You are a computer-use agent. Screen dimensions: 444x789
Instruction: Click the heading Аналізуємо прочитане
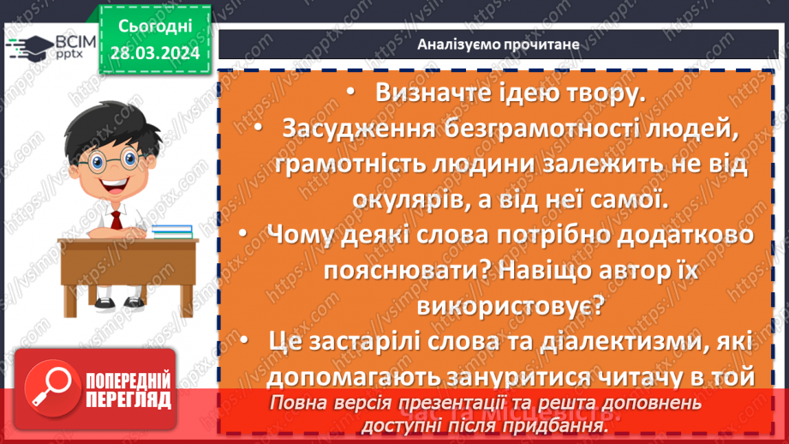tap(499, 44)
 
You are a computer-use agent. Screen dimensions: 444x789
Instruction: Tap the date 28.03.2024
tap(154, 53)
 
